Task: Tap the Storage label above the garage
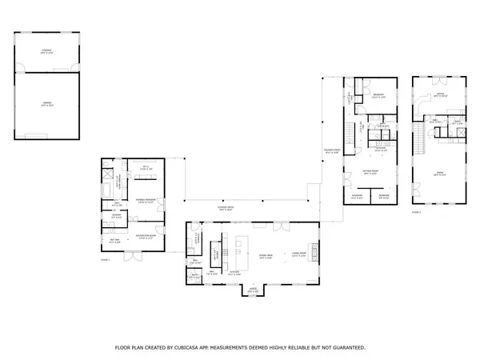click(x=46, y=51)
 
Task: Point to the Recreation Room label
click(x=145, y=236)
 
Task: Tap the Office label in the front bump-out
click(x=253, y=289)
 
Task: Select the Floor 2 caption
click(x=416, y=212)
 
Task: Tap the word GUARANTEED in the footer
click(x=346, y=348)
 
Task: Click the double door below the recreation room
click(x=144, y=250)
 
